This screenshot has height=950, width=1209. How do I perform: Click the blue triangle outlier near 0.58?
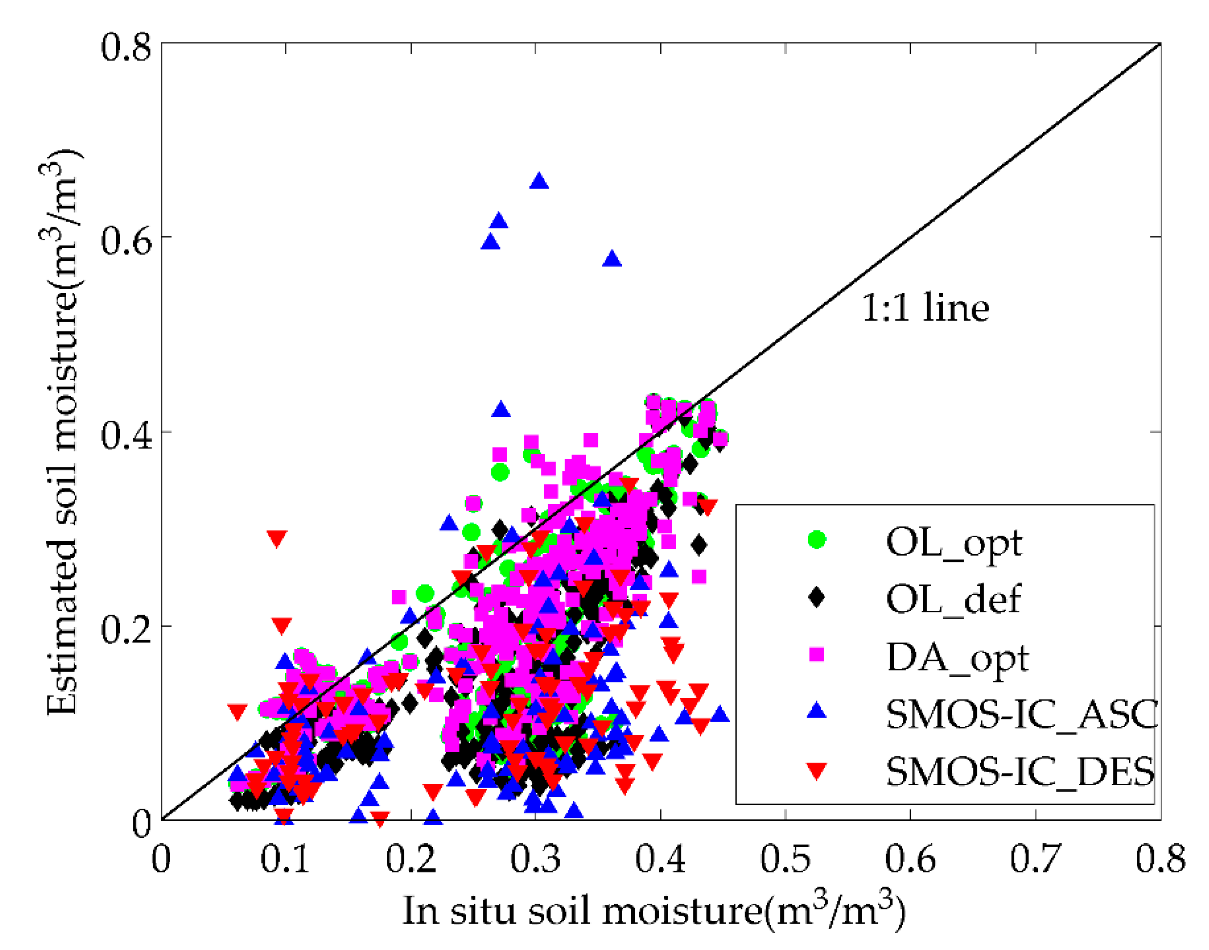coord(612,259)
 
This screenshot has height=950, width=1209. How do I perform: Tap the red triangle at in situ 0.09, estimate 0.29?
coord(277,539)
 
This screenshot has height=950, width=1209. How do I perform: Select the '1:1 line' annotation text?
coord(925,308)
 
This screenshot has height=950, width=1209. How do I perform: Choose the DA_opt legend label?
coord(957,658)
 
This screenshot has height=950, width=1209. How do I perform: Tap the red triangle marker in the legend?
coord(816,772)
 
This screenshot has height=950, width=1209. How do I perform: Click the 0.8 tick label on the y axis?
coord(126,47)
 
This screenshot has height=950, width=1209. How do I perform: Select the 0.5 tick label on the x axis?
coord(785,859)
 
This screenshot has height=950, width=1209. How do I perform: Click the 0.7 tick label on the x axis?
coord(1035,859)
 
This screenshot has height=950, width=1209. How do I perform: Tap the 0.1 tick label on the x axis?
coord(285,859)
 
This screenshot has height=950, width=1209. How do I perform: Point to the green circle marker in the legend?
coord(816,539)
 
